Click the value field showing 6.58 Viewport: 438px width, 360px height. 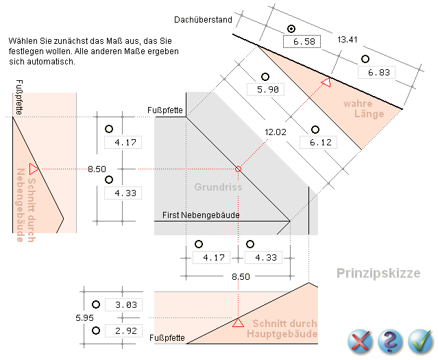(x=303, y=42)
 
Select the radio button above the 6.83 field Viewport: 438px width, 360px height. (x=365, y=59)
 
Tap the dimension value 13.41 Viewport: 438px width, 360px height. (x=348, y=39)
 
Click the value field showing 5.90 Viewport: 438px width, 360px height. (x=266, y=90)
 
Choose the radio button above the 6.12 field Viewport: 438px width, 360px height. (x=315, y=129)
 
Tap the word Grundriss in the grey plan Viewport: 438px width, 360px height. (x=213, y=187)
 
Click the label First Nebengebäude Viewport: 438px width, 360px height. (x=201, y=215)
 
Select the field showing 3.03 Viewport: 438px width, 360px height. (x=125, y=304)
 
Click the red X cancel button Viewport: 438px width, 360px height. (x=359, y=340)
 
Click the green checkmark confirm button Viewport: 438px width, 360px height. (x=419, y=340)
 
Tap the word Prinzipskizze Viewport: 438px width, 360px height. (x=378, y=273)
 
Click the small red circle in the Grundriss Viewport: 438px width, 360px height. (x=239, y=169)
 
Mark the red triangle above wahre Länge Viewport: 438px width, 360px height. (x=326, y=83)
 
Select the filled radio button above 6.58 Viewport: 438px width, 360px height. (x=291, y=29)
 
